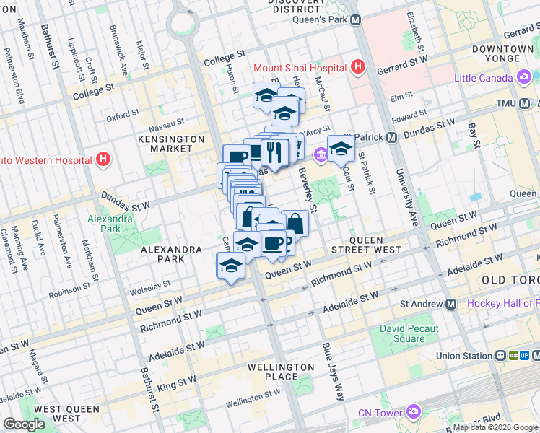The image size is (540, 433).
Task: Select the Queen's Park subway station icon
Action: click(x=355, y=20)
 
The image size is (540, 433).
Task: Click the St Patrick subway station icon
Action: click(x=391, y=137)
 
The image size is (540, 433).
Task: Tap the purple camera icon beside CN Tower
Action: click(x=413, y=412)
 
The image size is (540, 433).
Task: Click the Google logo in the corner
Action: click(x=24, y=424)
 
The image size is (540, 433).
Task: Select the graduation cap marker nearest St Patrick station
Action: click(x=341, y=149)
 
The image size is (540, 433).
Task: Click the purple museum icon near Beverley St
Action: click(x=320, y=154)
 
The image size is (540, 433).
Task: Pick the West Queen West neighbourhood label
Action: click(x=57, y=414)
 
